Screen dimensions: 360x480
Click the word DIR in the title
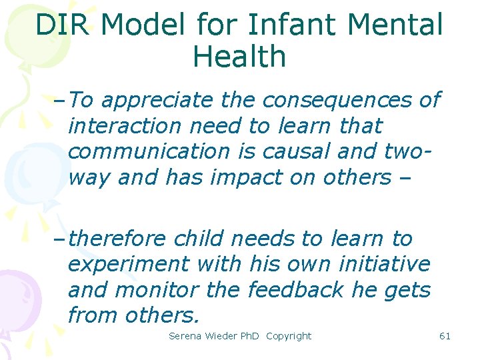[x=61, y=25]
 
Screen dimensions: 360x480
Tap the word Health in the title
[x=239, y=57]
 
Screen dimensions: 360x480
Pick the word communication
[x=147, y=151]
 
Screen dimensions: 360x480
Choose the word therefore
[x=117, y=238]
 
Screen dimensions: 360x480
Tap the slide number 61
[x=445, y=336]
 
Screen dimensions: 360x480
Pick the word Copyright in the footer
[x=289, y=336]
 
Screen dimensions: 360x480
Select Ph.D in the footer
[x=250, y=336]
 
